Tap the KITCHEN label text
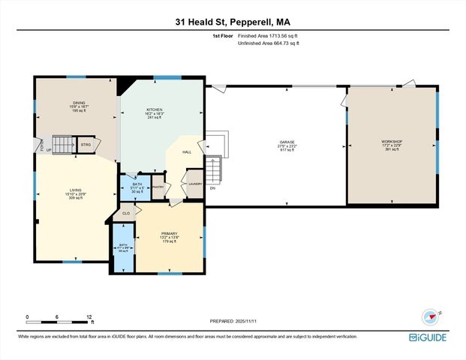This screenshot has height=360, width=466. point(154,109)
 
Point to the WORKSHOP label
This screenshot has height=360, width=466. point(392,142)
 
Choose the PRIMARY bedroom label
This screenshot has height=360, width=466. point(169,233)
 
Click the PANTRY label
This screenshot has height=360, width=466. point(158,187)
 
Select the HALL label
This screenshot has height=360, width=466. point(187,151)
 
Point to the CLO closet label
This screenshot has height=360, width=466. point(126,214)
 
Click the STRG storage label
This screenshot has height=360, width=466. point(86,144)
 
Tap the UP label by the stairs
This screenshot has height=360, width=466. point(50,149)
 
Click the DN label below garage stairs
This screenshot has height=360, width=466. point(212,188)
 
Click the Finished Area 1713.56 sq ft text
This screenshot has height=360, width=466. point(269,35)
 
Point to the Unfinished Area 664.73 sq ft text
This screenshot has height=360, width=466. point(269,43)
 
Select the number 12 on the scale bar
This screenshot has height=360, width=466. point(89,317)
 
